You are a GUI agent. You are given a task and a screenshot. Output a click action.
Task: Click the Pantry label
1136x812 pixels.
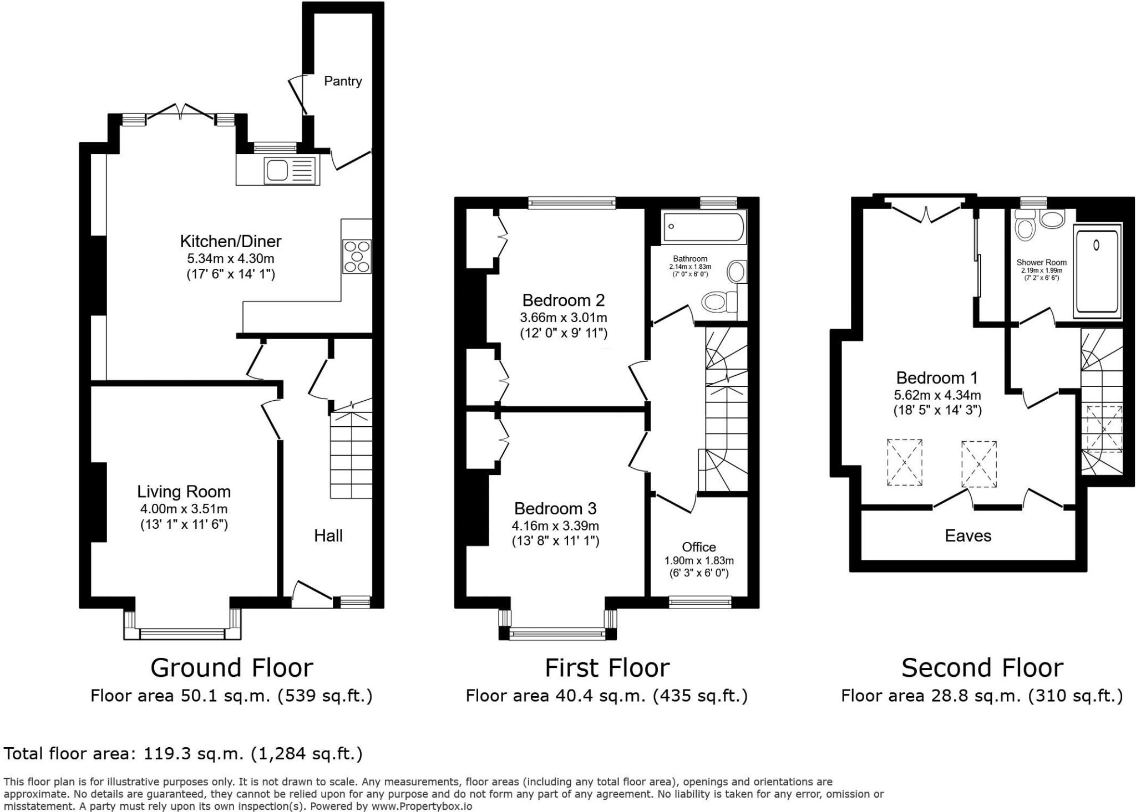click(343, 81)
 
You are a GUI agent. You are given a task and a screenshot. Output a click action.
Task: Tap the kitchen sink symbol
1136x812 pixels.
click(289, 170)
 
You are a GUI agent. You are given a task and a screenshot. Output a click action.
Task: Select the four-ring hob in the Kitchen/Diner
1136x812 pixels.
click(357, 256)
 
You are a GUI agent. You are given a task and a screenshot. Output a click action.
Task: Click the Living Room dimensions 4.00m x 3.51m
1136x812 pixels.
click(184, 509)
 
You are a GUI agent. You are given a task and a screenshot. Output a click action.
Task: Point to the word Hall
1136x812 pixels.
click(328, 535)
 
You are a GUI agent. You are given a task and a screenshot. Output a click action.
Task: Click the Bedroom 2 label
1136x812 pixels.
click(563, 300)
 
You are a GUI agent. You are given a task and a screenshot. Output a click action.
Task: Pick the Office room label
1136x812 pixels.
click(699, 547)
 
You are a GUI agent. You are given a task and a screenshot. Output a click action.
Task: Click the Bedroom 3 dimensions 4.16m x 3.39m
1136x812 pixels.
click(555, 525)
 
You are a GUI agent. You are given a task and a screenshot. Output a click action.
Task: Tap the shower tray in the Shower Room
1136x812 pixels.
click(1097, 272)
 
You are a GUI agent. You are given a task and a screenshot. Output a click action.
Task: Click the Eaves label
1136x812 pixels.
click(968, 535)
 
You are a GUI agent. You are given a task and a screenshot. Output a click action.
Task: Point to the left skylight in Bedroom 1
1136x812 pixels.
click(904, 462)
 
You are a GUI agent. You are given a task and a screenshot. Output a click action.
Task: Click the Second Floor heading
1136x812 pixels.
click(982, 667)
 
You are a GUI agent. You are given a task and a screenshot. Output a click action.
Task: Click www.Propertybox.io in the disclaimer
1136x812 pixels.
click(422, 806)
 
